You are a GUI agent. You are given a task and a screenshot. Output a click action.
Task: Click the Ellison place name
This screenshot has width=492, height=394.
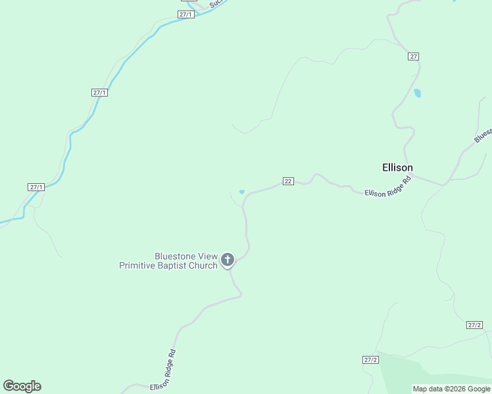pyautogui.click(x=397, y=167)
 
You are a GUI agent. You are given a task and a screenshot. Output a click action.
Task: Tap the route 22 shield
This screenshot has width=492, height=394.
pyautogui.click(x=288, y=181)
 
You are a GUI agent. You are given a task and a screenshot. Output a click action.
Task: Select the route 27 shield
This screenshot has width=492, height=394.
pyautogui.click(x=413, y=56)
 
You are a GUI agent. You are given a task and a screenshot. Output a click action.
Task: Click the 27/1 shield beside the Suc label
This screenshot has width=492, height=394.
pyautogui.click(x=186, y=14)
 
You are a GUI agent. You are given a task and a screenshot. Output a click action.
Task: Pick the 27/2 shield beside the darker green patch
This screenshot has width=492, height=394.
pyautogui.click(x=370, y=360)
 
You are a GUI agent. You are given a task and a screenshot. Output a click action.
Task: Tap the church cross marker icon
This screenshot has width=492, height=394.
pyautogui.click(x=228, y=260)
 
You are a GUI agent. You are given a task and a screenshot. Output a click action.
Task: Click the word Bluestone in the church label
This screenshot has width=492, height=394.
pyautogui.click(x=174, y=256)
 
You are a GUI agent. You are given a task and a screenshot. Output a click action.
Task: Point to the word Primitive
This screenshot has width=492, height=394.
pyautogui.click(x=139, y=265)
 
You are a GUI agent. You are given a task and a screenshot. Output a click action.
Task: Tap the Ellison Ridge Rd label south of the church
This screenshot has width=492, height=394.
pyautogui.click(x=164, y=370)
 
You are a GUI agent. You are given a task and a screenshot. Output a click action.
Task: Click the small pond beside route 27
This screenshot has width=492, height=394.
pyautogui.click(x=417, y=93)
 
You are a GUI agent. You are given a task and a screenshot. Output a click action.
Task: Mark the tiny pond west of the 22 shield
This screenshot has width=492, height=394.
pyautogui.click(x=242, y=192)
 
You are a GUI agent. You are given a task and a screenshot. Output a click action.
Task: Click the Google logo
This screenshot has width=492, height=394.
pyautogui.click(x=22, y=386)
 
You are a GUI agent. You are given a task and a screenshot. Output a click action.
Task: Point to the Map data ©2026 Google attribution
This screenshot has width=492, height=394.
pyautogui.click(x=451, y=389)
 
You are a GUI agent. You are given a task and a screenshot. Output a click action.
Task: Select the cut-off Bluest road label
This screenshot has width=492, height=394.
pyautogui.click(x=483, y=135)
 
